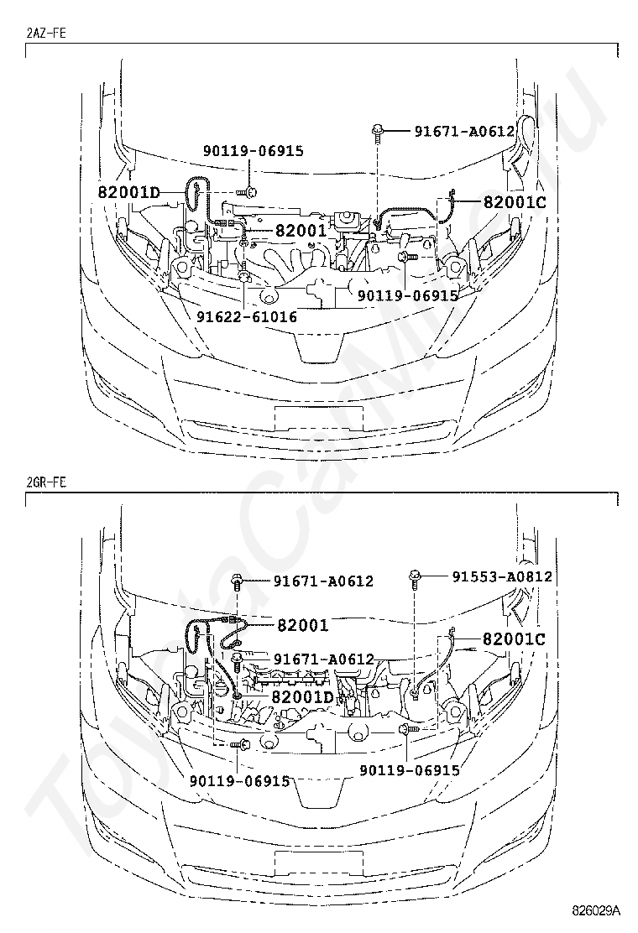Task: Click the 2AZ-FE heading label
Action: pyautogui.click(x=46, y=33)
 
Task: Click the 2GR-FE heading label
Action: pyautogui.click(x=46, y=482)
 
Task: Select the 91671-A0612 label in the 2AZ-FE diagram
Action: pyautogui.click(x=464, y=131)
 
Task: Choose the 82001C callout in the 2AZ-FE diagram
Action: pyautogui.click(x=515, y=201)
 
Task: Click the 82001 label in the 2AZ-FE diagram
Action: pyautogui.click(x=300, y=230)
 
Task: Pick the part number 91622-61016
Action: pyautogui.click(x=247, y=316)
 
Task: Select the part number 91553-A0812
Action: pyautogui.click(x=502, y=576)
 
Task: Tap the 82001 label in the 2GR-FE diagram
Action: pyautogui.click(x=302, y=625)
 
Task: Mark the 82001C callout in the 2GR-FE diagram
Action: pyautogui.click(x=515, y=639)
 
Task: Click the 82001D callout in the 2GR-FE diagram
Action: pyautogui.click(x=302, y=696)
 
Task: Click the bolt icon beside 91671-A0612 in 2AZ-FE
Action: pyautogui.click(x=378, y=132)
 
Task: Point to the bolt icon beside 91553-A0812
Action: pyautogui.click(x=416, y=578)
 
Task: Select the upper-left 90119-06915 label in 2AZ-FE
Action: pyautogui.click(x=254, y=150)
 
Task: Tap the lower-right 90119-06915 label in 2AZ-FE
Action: pyautogui.click(x=408, y=295)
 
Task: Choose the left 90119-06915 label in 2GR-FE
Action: pyautogui.click(x=240, y=780)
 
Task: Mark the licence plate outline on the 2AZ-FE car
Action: pyautogui.click(x=318, y=419)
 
